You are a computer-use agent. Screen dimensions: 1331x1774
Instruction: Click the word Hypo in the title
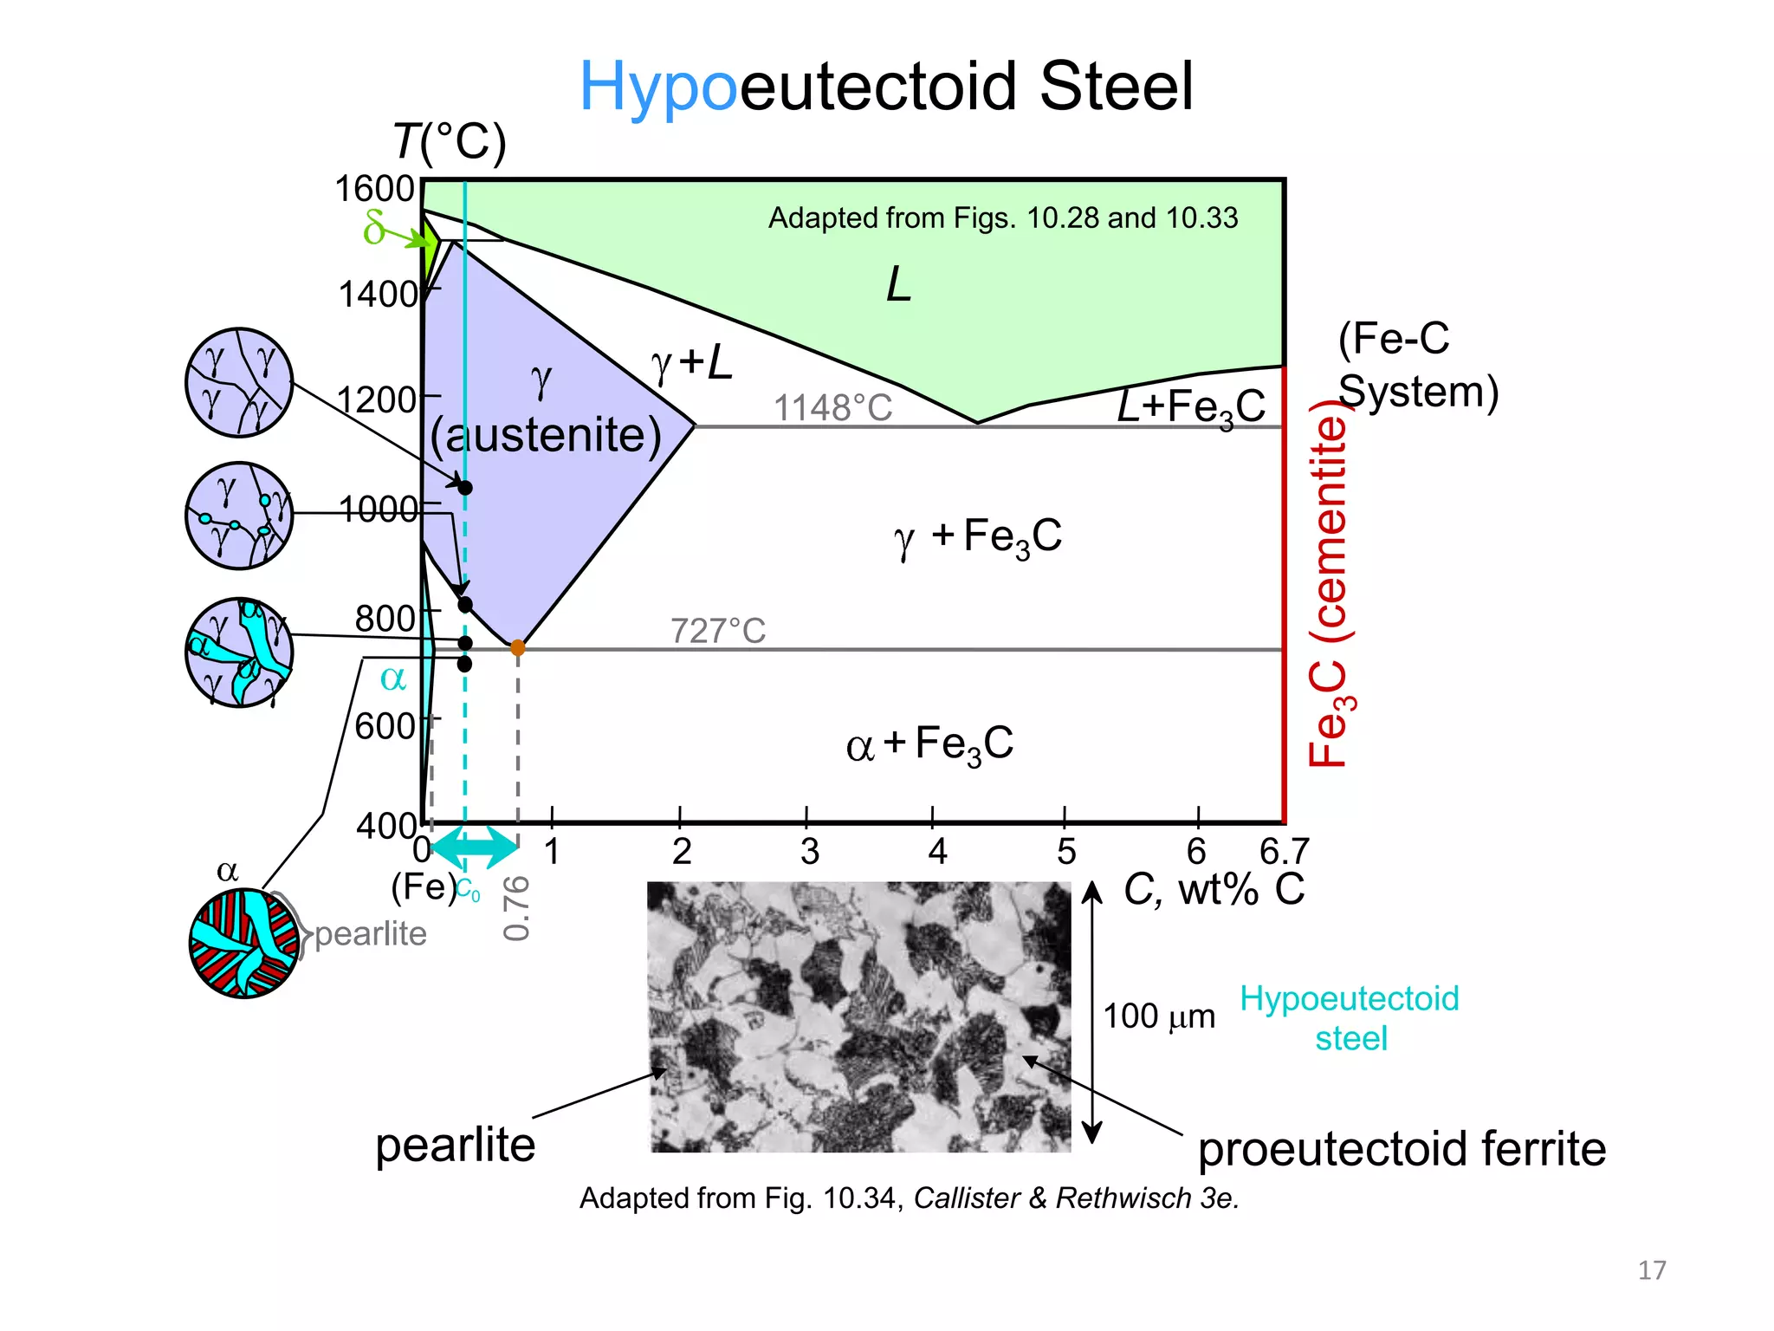(658, 88)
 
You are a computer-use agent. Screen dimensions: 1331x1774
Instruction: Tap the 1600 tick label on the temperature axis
(375, 189)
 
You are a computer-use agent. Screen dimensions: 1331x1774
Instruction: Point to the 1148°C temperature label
(832, 407)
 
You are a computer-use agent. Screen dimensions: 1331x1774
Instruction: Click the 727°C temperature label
(718, 631)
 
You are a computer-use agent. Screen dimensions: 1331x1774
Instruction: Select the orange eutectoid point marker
(518, 647)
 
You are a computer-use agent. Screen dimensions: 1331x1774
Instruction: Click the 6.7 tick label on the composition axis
(1284, 852)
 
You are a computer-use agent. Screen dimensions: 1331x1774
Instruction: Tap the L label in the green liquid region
(899, 284)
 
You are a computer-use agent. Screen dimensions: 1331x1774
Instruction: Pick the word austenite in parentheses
(547, 435)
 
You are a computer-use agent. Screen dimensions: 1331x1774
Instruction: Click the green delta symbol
(374, 227)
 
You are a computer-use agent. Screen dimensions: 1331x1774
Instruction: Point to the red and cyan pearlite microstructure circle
(244, 943)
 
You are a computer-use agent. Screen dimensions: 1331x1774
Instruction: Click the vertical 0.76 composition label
(516, 907)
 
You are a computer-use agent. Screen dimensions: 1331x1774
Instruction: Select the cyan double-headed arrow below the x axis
(475, 847)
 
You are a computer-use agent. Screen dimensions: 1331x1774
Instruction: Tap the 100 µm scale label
(1159, 1016)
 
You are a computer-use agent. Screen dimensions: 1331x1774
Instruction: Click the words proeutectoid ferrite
(1402, 1149)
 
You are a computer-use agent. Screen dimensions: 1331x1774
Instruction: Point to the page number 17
(1652, 1270)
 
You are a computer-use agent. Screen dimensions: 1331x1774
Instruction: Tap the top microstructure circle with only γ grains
(239, 382)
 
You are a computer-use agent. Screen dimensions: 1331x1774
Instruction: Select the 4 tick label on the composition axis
(937, 852)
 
